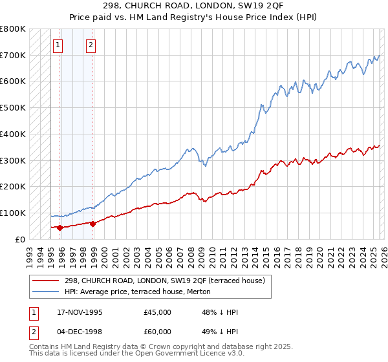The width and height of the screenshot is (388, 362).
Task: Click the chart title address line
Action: pyautogui.click(x=193, y=6)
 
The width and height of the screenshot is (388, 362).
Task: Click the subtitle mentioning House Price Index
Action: pyautogui.click(x=193, y=17)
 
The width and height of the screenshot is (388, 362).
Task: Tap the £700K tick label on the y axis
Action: pyautogui.click(x=13, y=55)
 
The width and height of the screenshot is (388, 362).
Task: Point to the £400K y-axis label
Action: pyautogui.click(x=13, y=134)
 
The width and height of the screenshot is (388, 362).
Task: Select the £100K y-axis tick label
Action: pyautogui.click(x=13, y=213)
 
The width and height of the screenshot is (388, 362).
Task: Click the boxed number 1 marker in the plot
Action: pyautogui.click(x=59, y=45)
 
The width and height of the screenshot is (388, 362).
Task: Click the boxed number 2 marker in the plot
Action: pyautogui.click(x=91, y=45)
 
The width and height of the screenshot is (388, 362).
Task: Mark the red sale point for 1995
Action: pyautogui.click(x=59, y=228)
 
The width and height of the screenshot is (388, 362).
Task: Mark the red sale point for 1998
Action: pyautogui.click(x=92, y=224)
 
